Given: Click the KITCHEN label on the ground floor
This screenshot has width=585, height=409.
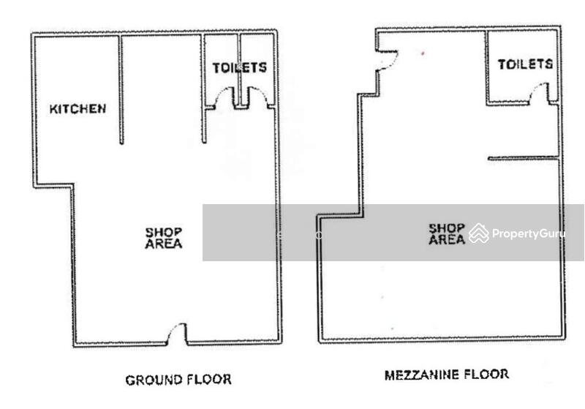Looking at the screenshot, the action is point(78,108).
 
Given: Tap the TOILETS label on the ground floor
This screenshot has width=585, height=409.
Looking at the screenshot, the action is point(240,67).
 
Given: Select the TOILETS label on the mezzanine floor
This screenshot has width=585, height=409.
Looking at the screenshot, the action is point(525,64).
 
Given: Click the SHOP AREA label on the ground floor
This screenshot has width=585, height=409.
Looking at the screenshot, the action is point(163,238).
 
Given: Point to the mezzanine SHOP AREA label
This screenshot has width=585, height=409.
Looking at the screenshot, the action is point(447,234).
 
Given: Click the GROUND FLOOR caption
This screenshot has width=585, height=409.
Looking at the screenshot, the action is point(178,380).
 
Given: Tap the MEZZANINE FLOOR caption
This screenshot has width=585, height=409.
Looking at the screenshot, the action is point(447,375).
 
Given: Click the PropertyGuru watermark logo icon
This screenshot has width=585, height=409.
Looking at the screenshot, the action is point(479,233).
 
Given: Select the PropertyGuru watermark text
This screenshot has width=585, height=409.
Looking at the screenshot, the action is point(528,233).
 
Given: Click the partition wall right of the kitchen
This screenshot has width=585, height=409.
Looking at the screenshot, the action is point(121,89).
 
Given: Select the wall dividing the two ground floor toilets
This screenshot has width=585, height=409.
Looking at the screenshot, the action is point(239,70).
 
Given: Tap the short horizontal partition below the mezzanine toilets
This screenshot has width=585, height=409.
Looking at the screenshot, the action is point(524,159).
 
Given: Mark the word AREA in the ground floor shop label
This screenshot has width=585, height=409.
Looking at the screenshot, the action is point(163,244).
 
